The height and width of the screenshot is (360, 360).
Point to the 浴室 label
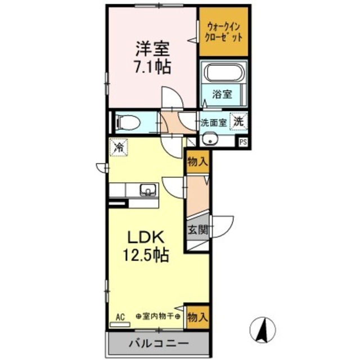(x=222, y=95)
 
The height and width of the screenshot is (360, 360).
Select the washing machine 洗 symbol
(x=240, y=120)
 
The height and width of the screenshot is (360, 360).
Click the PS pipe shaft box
(x=243, y=142)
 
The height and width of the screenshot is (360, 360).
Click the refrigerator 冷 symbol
(x=119, y=148)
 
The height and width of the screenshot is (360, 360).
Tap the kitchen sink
(x=147, y=190)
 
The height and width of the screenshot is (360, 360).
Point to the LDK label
(x=145, y=236)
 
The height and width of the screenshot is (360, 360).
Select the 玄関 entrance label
(x=197, y=229)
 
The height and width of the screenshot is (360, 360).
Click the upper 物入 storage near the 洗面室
(x=197, y=162)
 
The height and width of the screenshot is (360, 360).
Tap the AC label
(x=120, y=316)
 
